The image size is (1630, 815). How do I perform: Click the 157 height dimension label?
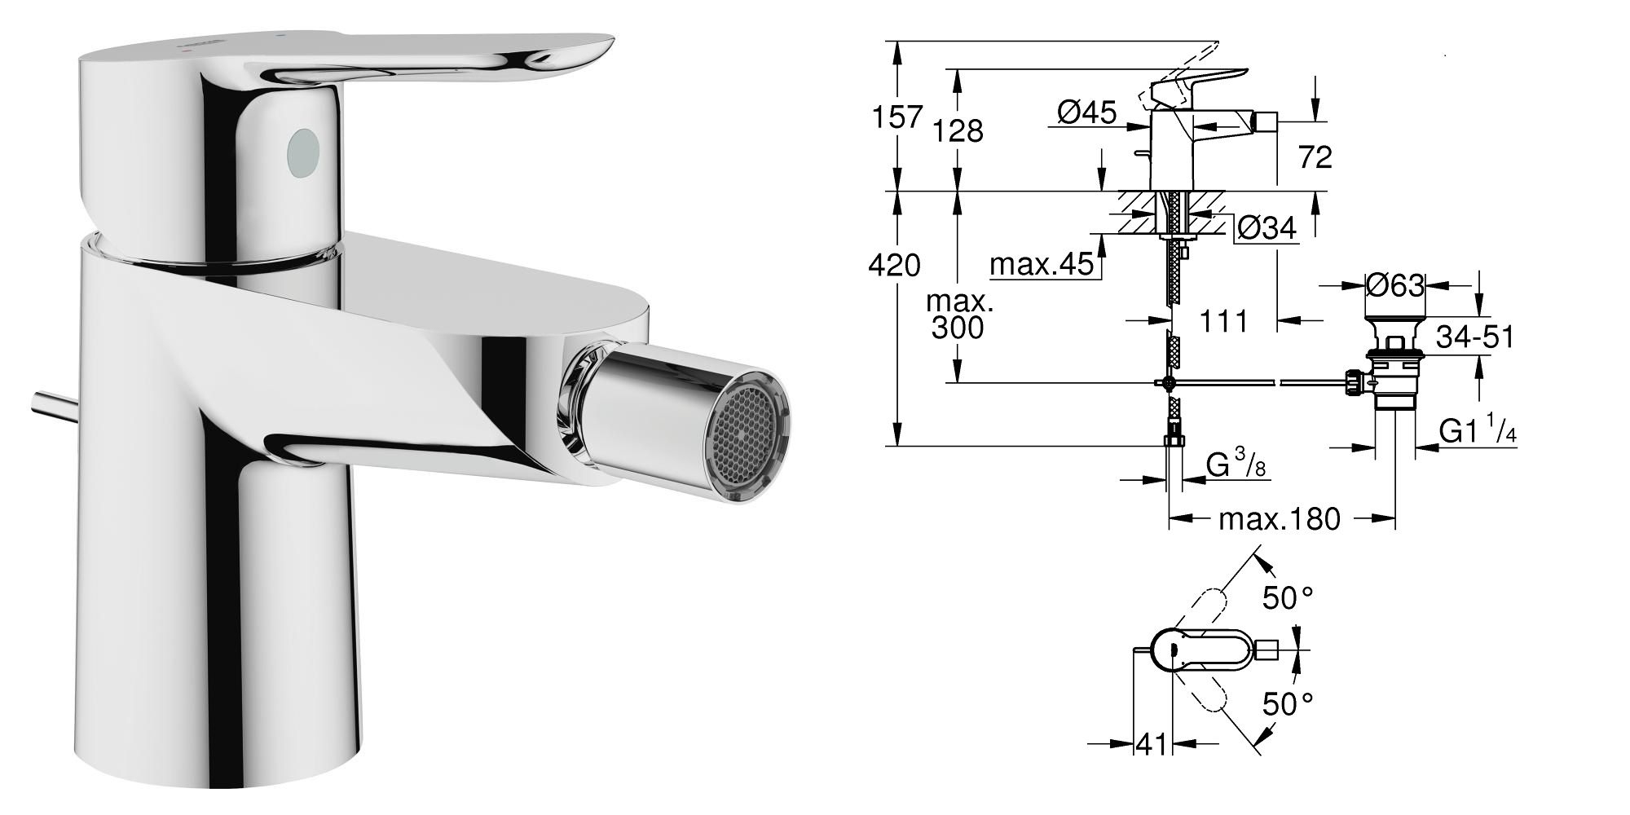897,117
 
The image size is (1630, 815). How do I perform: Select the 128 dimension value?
958,130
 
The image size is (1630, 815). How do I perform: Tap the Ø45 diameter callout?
1087,112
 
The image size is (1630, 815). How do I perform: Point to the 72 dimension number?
1315,157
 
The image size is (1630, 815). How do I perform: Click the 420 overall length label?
895,265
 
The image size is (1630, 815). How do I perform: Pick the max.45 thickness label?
1040,264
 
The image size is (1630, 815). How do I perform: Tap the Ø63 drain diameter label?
1395,285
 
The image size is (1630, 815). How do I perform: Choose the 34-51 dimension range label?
1474,337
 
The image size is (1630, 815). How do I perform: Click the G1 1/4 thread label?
1478,430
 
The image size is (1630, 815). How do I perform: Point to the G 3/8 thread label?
1236,466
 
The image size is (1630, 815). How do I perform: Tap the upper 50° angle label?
1288,599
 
